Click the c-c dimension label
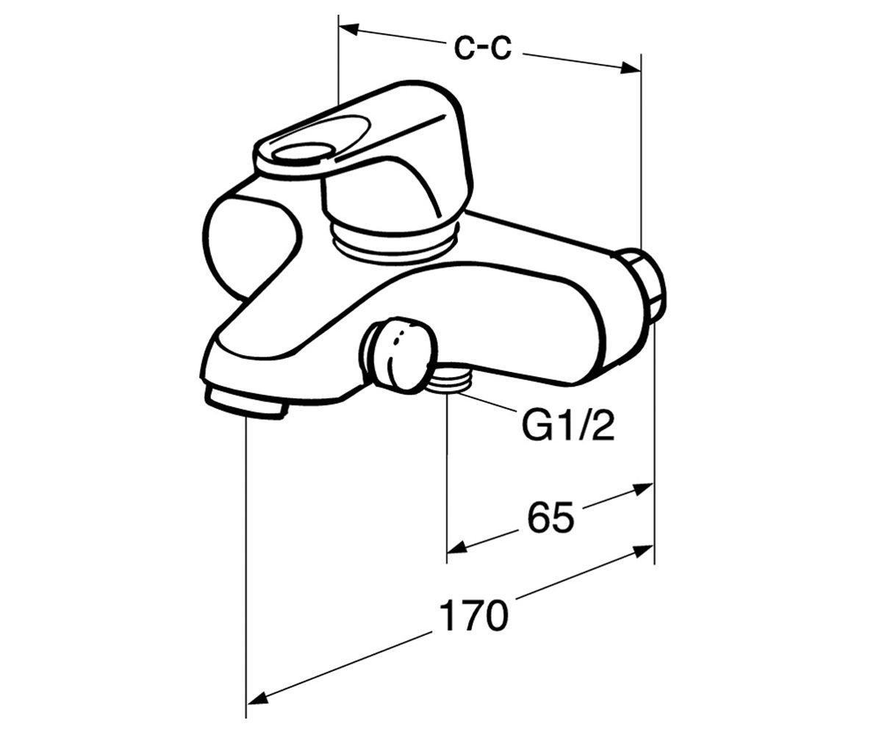483,48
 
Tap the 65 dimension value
551,517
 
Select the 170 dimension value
473,614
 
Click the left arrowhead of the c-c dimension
349,30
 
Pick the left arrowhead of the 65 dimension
457,547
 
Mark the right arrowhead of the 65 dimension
643,490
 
